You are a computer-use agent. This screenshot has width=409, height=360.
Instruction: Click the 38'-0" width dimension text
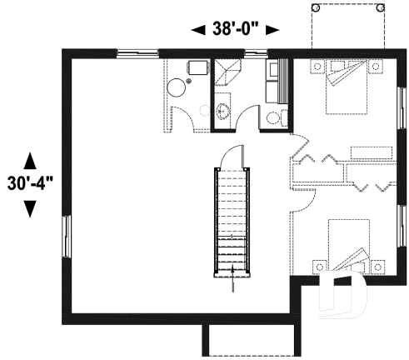tap(235, 30)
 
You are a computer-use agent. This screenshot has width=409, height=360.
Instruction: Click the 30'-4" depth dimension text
tap(30, 183)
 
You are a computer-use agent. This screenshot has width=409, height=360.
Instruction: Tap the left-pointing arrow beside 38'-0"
tap(198, 31)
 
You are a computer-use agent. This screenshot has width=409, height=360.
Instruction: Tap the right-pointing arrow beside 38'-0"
tap(272, 31)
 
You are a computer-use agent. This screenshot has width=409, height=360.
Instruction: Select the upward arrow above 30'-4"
tap(30, 159)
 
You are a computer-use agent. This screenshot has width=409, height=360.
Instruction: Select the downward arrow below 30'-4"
tap(30, 208)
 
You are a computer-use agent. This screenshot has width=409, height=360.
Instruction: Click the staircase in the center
tap(232, 218)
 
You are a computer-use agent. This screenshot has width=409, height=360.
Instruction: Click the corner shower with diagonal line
tap(225, 74)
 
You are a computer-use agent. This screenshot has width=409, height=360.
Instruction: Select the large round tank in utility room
tap(177, 87)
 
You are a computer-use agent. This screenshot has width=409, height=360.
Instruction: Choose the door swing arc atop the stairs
tap(235, 156)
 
